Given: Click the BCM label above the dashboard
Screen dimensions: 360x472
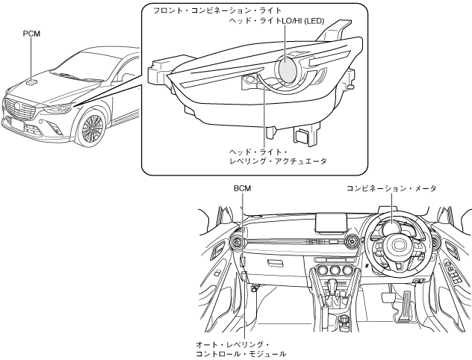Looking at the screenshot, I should (x=243, y=189).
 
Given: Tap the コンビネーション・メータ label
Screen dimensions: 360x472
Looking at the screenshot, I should (x=391, y=189).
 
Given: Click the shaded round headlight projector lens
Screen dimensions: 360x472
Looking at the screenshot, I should (x=288, y=69).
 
